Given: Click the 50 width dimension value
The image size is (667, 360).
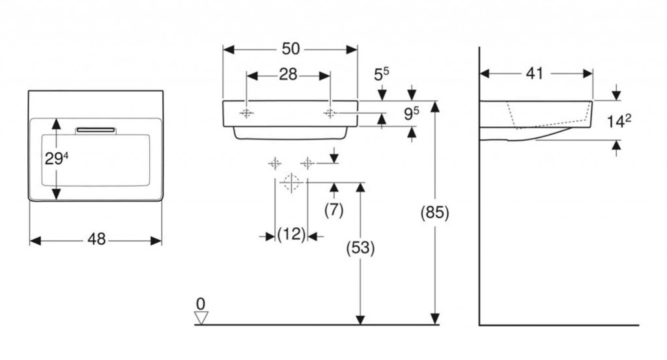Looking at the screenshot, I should pyautogui.click(x=291, y=49).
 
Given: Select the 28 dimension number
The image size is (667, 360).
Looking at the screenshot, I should pyautogui.click(x=288, y=75).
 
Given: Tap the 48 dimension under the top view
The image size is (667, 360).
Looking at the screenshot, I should pyautogui.click(x=96, y=240).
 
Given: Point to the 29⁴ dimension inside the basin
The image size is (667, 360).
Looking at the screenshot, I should pyautogui.click(x=56, y=158).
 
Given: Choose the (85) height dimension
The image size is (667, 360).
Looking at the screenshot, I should pyautogui.click(x=435, y=214).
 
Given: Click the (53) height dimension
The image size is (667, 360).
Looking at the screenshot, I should pyautogui.click(x=360, y=248).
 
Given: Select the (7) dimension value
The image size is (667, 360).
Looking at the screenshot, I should pyautogui.click(x=334, y=210).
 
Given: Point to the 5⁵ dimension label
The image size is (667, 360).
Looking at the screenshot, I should pyautogui.click(x=382, y=74).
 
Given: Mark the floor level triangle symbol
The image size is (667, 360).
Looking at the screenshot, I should pyautogui.click(x=201, y=318).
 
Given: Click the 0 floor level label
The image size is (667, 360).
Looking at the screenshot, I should pyautogui.click(x=201, y=303).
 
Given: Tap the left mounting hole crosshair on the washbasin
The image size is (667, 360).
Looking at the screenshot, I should pyautogui.click(x=246, y=113).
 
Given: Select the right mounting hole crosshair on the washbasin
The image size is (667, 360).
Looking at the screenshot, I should pyautogui.click(x=330, y=113).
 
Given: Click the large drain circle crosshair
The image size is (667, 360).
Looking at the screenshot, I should pyautogui.click(x=291, y=183).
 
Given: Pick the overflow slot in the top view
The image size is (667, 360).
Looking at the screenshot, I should pyautogui.click(x=96, y=130).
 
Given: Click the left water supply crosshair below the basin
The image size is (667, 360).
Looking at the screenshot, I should pyautogui.click(x=275, y=163).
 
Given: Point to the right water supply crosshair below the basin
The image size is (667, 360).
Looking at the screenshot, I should pyautogui.click(x=307, y=163).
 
